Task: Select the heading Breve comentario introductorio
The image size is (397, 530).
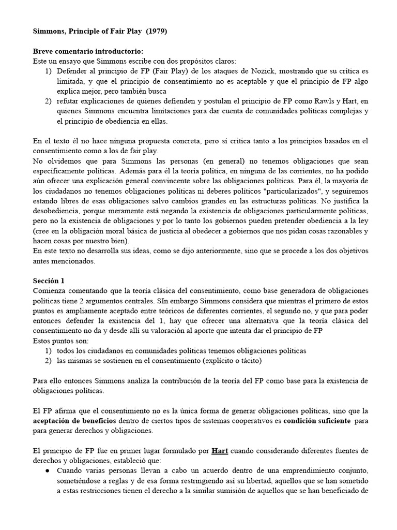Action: click(88, 51)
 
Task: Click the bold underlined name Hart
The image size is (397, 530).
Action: click(219, 450)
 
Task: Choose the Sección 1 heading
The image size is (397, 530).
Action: click(49, 281)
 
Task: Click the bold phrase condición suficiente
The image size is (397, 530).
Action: click(317, 420)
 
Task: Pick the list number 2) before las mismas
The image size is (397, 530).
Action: click(49, 360)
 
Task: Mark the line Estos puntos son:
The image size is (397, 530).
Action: click(59, 341)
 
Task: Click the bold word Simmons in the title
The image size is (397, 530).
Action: click(51, 31)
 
